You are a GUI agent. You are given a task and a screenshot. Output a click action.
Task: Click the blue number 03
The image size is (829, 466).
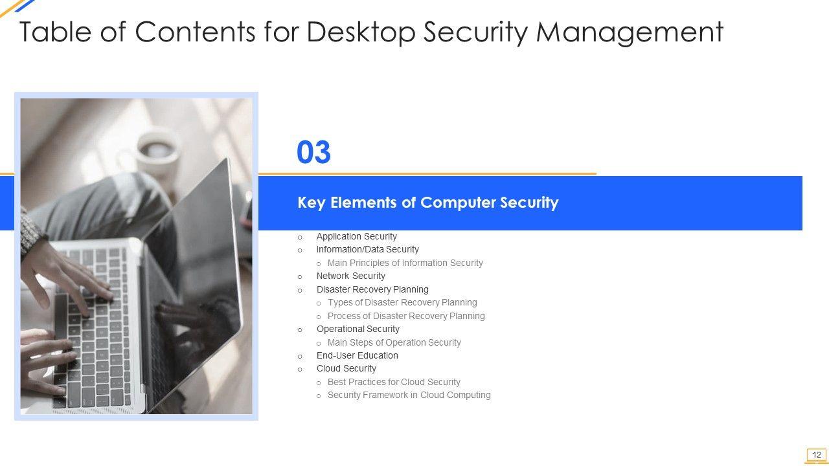coord(313,152)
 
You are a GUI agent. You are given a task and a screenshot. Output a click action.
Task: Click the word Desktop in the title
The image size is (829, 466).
coord(361,32)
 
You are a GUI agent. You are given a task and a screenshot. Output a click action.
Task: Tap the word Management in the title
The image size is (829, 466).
coord(630,32)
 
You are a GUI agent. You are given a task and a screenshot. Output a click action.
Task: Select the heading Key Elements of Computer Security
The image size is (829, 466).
coord(428,203)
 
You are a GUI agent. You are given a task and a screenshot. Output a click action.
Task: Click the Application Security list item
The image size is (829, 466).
coord(356,236)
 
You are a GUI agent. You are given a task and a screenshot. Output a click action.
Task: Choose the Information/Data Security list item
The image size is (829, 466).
coord(367,249)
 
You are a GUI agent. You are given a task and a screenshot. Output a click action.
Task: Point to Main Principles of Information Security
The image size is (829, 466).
coord(405,263)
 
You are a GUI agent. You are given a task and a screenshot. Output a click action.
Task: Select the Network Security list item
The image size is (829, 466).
coord(350,276)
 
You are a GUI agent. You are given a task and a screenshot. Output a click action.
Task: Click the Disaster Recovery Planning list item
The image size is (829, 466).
coord(372,289)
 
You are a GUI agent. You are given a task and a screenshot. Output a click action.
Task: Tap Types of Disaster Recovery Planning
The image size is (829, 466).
coord(402,302)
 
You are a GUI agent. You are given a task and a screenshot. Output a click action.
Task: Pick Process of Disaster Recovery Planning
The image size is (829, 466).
coord(406,316)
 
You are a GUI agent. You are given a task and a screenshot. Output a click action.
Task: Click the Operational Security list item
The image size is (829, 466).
coord(358,329)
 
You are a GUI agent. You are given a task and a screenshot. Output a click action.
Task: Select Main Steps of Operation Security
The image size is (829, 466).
coord(394,342)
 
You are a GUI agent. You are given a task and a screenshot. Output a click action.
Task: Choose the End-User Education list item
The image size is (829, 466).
coord(357,355)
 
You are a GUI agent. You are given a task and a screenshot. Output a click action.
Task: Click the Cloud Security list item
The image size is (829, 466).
coord(346,368)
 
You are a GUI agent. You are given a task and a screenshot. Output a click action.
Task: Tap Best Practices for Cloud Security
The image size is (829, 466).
coord(394,382)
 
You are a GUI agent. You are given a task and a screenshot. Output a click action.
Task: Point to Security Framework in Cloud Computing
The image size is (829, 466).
coord(409,395)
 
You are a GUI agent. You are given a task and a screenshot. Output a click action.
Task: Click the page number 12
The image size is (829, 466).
coord(817,454)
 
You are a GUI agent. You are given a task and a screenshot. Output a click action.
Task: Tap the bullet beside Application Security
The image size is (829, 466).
coord(300,238)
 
